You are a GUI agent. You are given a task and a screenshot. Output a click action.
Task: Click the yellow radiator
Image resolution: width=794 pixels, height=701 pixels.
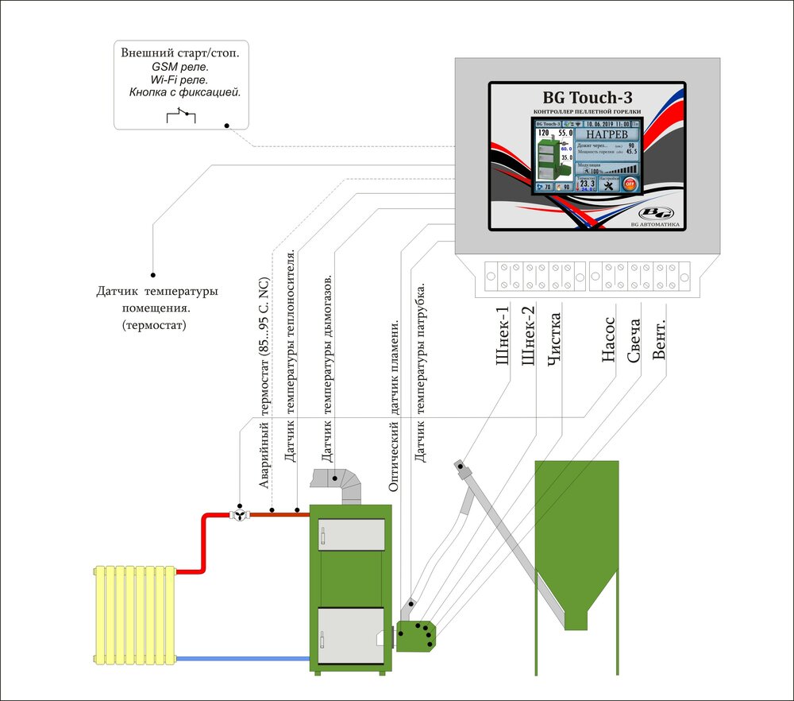click(x=134, y=614)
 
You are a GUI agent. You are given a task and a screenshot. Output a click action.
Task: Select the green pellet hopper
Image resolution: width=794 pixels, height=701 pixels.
click(x=576, y=525)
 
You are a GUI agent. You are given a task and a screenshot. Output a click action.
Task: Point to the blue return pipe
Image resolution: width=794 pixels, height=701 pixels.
click(x=242, y=658)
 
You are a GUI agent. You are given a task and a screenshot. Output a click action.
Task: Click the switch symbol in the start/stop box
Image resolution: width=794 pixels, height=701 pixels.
click(x=180, y=117)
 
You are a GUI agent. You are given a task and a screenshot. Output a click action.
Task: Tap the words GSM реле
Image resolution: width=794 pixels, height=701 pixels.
click(x=179, y=67)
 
